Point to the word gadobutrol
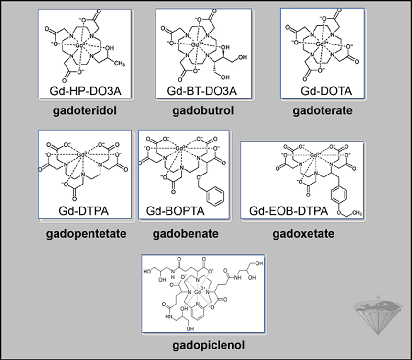coord(204,111)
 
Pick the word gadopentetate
coord(87,234)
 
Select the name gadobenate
coord(185,234)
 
